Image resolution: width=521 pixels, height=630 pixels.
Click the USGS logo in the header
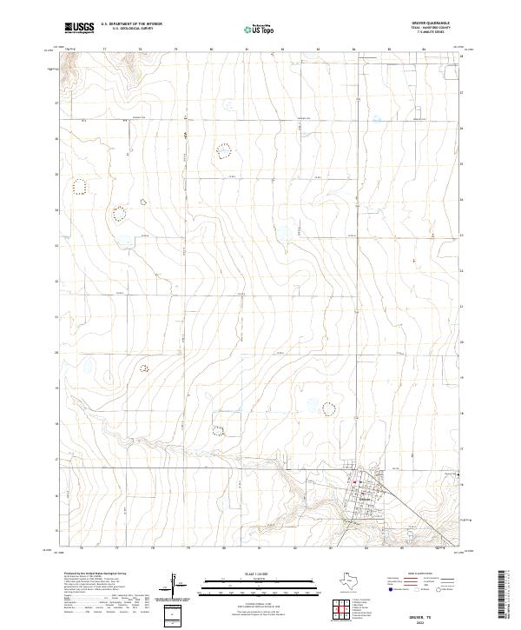[79, 28]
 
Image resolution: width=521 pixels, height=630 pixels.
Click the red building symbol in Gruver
[355, 483]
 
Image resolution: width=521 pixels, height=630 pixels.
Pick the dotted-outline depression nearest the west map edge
[80, 184]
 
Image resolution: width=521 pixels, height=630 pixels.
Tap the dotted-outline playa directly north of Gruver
[328, 408]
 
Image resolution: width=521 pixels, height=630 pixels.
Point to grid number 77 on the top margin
[104, 50]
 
